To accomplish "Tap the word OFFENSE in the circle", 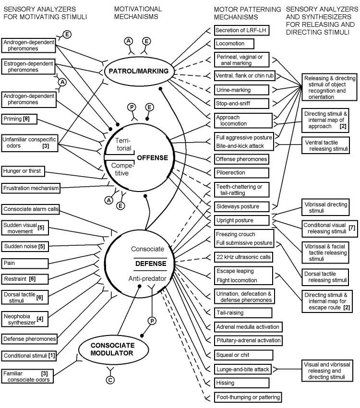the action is tap(153, 158).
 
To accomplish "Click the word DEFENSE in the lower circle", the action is tap(151, 264).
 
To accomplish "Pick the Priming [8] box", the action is tap(19, 119).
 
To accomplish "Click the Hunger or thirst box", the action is tap(23, 171).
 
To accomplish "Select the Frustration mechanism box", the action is tap(31, 188).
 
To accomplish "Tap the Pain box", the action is tap(25, 264).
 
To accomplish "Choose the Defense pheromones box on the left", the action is tap(29, 339).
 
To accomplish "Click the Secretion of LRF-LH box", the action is tap(241, 30).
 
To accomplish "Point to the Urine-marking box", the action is tap(241, 90).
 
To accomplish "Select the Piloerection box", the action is tap(241, 173).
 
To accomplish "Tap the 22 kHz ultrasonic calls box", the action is tap(243, 257).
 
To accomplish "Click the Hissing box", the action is tap(241, 383).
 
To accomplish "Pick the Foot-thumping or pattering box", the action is tap(248, 397).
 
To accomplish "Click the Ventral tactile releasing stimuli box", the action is tap(325, 145).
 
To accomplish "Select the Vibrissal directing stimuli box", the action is tap(325, 207).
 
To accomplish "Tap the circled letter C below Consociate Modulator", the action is tap(110, 380).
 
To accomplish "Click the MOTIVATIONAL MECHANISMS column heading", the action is tap(138, 13).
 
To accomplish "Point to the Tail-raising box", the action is tap(243, 313).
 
